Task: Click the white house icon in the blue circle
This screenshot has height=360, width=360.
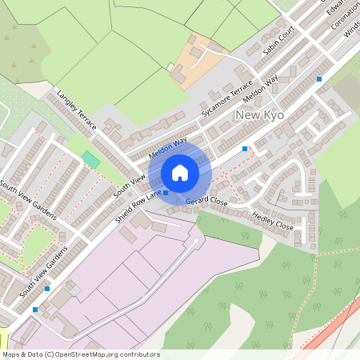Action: (180, 173)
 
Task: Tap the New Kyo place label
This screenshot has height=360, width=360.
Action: (259, 117)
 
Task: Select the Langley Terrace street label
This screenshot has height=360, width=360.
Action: (77, 110)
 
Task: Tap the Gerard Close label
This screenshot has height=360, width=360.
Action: (206, 202)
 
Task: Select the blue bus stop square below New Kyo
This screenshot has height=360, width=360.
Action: (245, 149)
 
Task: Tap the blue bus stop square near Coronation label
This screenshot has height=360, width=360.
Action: (319, 79)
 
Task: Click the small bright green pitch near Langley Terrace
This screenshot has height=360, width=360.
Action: (91, 159)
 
